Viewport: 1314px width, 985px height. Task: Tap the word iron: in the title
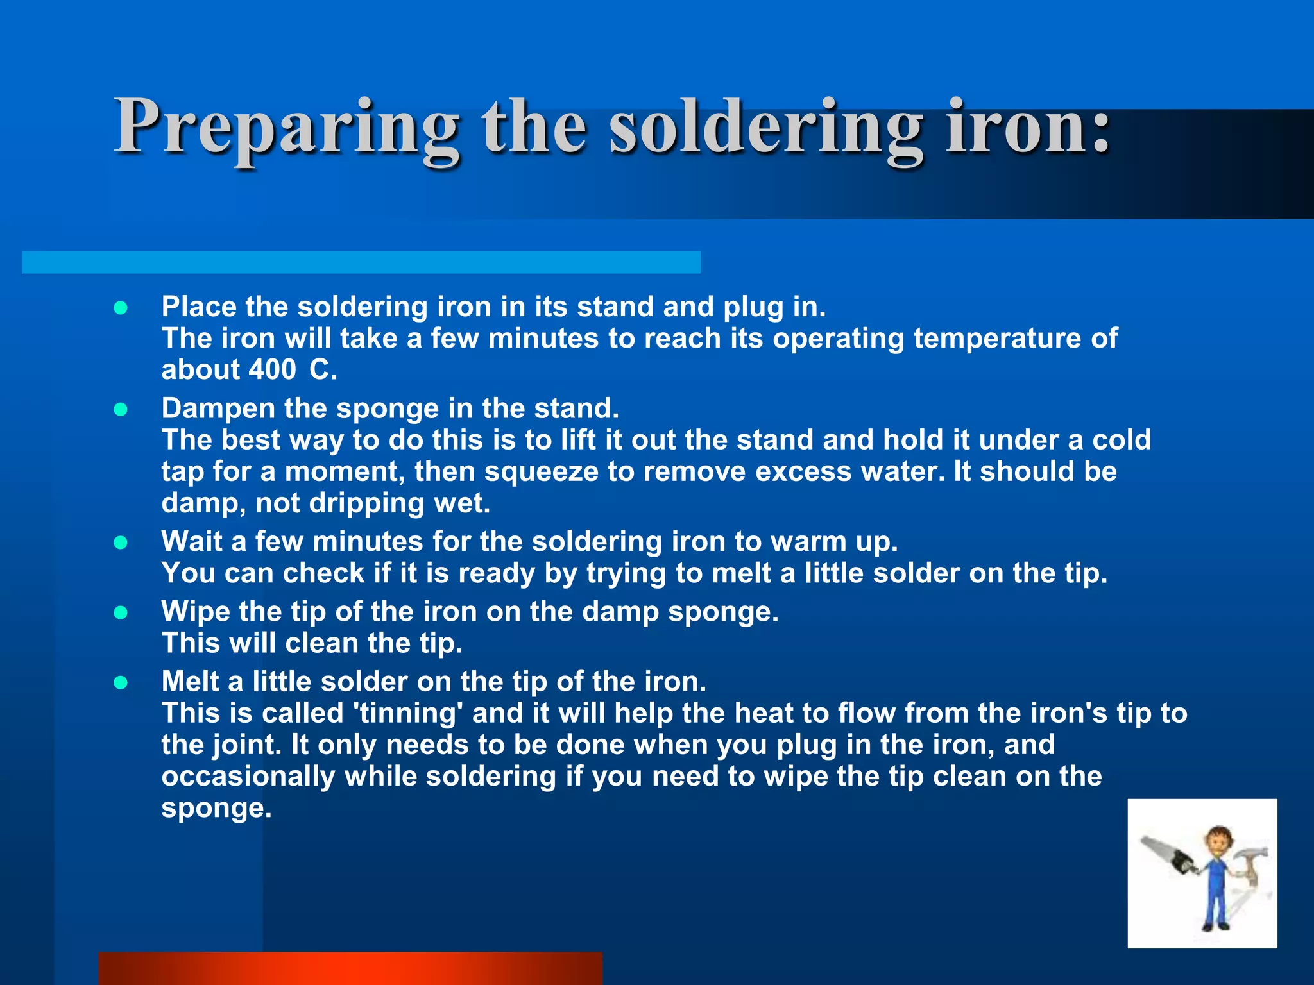[1027, 127]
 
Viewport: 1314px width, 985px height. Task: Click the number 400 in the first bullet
[272, 370]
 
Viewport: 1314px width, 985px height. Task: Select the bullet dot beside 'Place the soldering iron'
[121, 308]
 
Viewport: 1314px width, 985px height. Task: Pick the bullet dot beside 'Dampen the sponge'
[121, 410]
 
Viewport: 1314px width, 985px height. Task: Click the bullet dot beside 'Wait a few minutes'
[121, 543]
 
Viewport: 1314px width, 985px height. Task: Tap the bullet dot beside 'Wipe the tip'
[121, 613]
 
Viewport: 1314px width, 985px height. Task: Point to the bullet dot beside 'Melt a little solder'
[121, 683]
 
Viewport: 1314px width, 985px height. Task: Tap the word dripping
[366, 503]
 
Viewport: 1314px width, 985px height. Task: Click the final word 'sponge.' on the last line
[216, 809]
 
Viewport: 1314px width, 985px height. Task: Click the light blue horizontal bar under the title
[361, 262]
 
